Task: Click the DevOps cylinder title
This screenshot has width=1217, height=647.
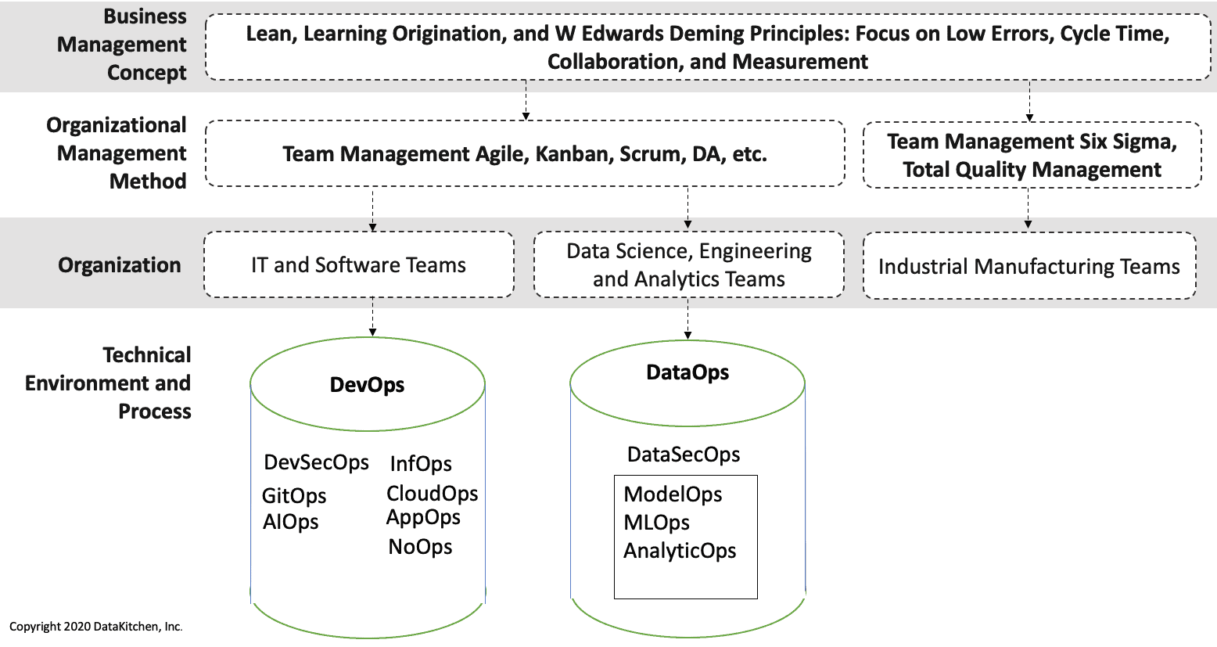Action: click(367, 385)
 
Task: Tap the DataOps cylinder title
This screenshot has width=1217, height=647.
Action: click(687, 372)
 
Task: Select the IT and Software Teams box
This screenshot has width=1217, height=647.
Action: click(358, 265)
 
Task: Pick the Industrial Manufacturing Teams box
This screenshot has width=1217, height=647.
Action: click(1029, 267)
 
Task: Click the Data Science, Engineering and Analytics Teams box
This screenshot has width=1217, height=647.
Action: click(688, 265)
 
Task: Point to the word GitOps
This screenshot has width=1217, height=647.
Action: click(294, 496)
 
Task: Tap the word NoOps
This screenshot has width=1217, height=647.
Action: click(420, 547)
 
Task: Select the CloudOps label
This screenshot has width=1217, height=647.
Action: click(432, 494)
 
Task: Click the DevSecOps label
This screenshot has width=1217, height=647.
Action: click(316, 462)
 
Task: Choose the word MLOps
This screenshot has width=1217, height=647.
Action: click(656, 523)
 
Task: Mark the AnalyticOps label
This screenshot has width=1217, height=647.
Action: click(680, 551)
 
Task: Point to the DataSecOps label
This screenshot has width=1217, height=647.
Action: click(684, 455)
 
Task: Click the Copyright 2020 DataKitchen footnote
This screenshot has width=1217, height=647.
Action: click(95, 627)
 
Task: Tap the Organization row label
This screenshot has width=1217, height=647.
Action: click(120, 265)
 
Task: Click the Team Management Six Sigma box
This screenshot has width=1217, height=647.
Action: click(1032, 155)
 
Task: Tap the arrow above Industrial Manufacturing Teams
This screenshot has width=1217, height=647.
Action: click(1028, 210)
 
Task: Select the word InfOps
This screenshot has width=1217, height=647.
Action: click(421, 464)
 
